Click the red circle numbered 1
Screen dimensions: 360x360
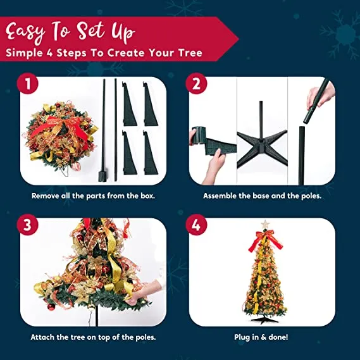click(x=28, y=84)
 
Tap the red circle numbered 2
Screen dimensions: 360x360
click(x=196, y=84)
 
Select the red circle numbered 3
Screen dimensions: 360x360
click(x=27, y=225)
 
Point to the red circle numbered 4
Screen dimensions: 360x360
click(x=196, y=225)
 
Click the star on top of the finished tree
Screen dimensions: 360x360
click(x=265, y=225)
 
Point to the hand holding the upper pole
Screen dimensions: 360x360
click(x=321, y=96)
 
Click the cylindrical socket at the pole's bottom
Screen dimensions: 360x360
click(x=101, y=177)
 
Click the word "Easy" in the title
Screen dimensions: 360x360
click(x=26, y=32)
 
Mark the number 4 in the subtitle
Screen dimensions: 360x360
click(x=49, y=53)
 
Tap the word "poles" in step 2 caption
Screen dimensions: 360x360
click(x=311, y=196)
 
